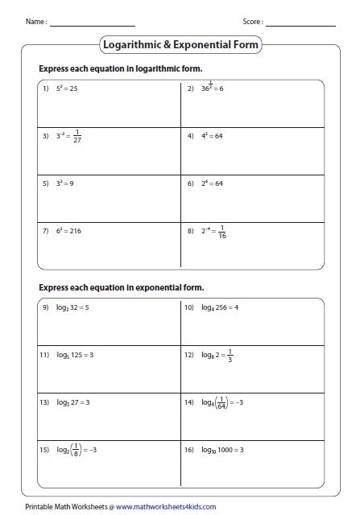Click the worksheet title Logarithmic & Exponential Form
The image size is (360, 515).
click(180, 45)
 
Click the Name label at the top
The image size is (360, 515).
click(36, 22)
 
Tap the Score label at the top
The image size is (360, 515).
click(253, 22)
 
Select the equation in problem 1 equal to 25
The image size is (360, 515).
click(68, 88)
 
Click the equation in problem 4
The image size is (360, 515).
click(211, 135)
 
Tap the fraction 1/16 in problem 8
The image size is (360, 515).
click(221, 233)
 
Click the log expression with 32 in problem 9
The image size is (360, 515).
click(72, 307)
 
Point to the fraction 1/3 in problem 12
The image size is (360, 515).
click(230, 355)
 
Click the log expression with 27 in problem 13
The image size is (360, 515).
click(72, 402)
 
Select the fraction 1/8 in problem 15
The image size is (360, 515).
click(74, 450)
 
